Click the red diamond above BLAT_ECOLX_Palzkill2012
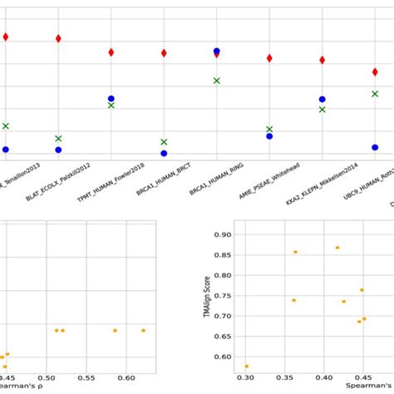(58, 38)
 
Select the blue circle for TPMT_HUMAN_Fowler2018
(111, 98)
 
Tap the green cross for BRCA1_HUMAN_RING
(217, 81)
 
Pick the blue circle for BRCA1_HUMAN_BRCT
(164, 153)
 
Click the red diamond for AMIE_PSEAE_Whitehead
(269, 58)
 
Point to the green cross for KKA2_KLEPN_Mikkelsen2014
(322, 109)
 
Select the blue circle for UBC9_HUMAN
(375, 147)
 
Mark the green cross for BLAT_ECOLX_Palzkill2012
(58, 138)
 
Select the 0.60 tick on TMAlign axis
(223, 357)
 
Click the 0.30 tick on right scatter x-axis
(246, 378)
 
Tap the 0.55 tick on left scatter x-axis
(87, 378)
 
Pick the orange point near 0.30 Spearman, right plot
(247, 366)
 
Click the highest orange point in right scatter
(337, 248)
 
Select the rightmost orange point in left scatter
(143, 330)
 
